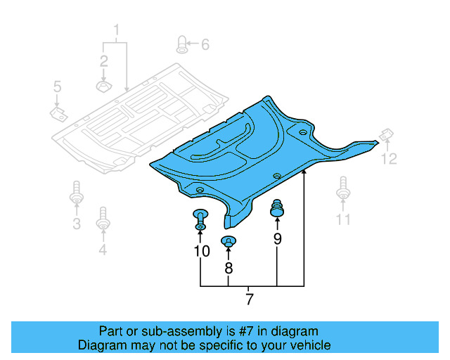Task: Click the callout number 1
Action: tap(117, 30)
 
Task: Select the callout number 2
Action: tap(103, 60)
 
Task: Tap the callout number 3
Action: tap(77, 224)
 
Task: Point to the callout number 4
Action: tap(103, 249)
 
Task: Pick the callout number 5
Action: tap(58, 87)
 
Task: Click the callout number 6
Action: tap(205, 45)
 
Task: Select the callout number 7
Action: tap(249, 300)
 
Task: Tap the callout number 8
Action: tap(229, 268)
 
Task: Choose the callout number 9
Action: tap(277, 239)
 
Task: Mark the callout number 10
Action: tap(201, 251)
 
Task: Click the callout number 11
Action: tap(342, 220)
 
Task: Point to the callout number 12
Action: tap(389, 159)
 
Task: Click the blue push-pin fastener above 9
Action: tap(278, 207)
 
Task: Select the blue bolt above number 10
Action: tap(200, 219)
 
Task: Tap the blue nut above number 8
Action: tap(229, 243)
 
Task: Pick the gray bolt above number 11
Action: tap(342, 188)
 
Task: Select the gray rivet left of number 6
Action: tap(181, 44)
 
